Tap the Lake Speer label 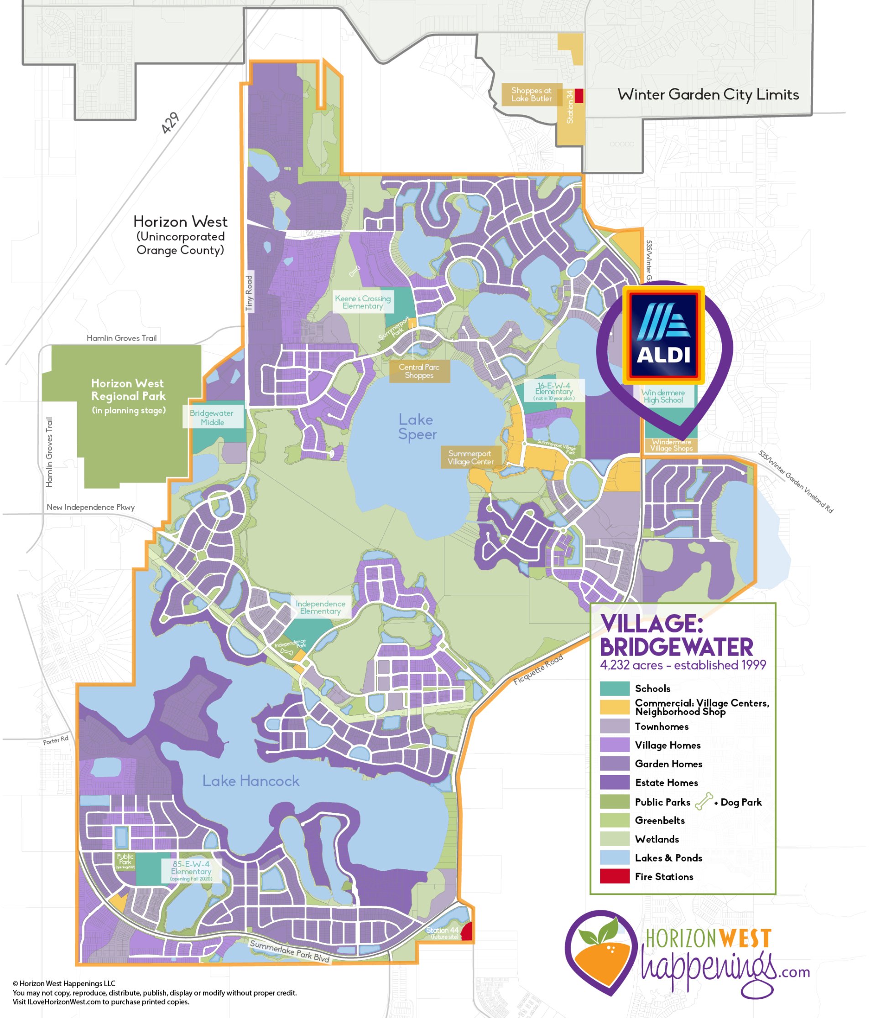[417, 427]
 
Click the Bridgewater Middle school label [212, 418]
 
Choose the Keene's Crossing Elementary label [363, 302]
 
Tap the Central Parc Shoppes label [419, 372]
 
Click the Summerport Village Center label [470, 457]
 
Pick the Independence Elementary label [320, 607]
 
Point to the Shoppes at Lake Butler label [531, 94]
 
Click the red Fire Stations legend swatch [615, 877]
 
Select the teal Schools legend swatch [615, 688]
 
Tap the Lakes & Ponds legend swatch [615, 858]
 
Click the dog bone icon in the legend [704, 801]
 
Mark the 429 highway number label [171, 123]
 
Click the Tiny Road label [249, 293]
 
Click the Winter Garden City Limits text [708, 94]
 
